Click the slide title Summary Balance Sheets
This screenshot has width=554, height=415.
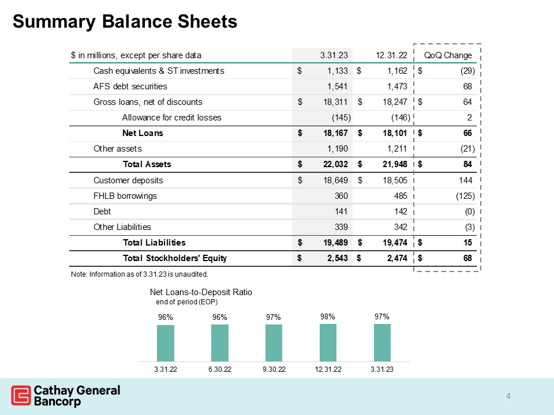click(x=125, y=21)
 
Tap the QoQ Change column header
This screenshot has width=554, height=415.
click(x=448, y=55)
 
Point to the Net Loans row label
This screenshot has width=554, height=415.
click(x=143, y=133)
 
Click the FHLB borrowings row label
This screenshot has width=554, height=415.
click(x=125, y=196)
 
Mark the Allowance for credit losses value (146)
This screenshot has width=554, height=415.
click(x=399, y=118)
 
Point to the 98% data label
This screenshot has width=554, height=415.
click(x=328, y=316)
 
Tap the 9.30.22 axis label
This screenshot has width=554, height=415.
click(x=274, y=369)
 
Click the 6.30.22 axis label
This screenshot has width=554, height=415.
click(x=220, y=369)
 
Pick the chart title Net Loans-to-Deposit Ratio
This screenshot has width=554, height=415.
click(x=201, y=292)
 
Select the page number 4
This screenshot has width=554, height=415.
click(x=508, y=396)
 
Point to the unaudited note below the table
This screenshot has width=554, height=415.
click(x=138, y=273)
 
